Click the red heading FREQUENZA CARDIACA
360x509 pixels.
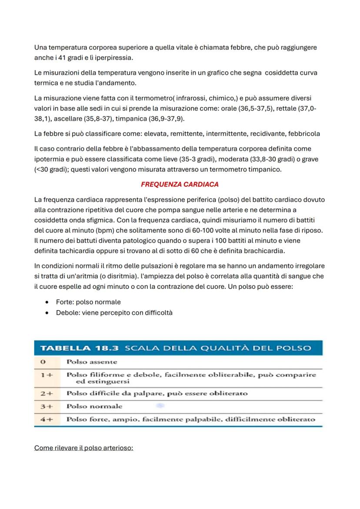(x=180, y=184)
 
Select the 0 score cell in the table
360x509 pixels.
(x=43, y=362)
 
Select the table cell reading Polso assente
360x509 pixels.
(x=91, y=362)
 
